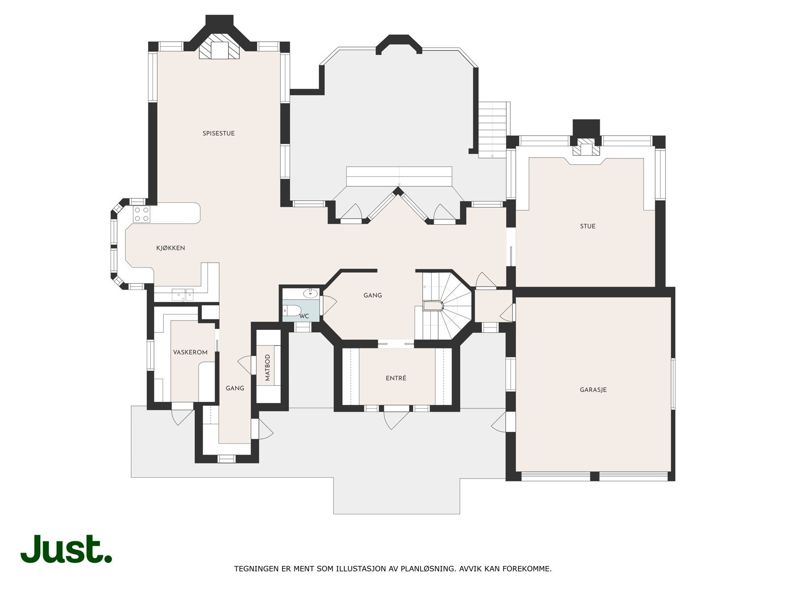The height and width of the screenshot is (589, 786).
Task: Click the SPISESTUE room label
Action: coord(219,134)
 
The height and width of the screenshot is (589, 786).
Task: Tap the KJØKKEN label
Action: coord(170,248)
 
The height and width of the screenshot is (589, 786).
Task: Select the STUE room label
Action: coord(588,226)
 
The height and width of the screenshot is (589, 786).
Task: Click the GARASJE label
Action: coord(593,390)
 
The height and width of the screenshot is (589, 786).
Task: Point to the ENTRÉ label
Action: coord(396,378)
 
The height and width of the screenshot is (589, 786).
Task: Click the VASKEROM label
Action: coord(190,352)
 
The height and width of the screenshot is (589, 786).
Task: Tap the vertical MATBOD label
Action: coord(268,368)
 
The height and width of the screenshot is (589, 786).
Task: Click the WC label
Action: coord(304,316)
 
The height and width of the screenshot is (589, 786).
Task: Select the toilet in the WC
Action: coord(292,310)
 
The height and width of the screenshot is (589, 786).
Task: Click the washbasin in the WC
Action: coord(310,294)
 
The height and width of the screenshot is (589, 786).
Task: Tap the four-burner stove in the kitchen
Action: coord(142,214)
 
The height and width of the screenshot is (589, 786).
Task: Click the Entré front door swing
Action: coord(395,419)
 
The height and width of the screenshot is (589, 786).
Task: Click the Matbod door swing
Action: coord(245,365)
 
